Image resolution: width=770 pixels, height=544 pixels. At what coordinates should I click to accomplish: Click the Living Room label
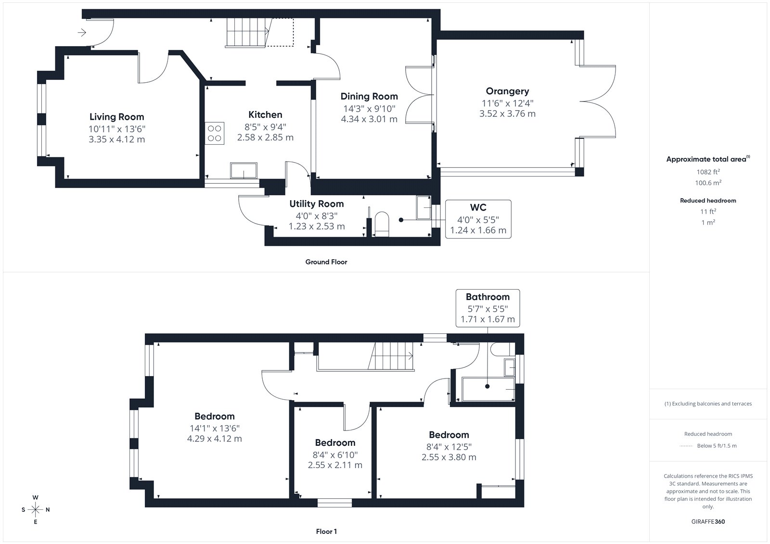116,117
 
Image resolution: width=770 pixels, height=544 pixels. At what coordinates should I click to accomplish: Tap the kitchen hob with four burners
215,133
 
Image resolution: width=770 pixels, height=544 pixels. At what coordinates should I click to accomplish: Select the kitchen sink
244,170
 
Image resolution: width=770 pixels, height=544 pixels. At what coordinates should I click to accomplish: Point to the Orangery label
507,91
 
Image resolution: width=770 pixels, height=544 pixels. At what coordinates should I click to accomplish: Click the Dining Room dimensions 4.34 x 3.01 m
369,119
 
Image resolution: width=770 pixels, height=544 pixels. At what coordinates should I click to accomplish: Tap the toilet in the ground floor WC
381,225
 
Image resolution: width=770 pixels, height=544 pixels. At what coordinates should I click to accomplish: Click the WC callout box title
478,208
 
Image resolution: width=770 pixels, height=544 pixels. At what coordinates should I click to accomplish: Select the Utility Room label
317,204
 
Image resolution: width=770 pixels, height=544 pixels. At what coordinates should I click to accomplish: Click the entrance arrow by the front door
82,33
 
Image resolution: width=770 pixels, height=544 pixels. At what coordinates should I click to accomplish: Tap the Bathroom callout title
488,297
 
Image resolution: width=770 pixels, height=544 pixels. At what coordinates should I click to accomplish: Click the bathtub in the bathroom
488,389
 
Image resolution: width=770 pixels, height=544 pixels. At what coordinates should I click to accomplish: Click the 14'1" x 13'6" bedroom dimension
215,428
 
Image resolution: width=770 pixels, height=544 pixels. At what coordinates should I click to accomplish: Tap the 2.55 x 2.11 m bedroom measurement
335,465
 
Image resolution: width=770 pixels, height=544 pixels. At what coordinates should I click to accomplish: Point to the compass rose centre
36,510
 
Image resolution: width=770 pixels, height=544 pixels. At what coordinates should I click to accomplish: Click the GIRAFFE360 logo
708,521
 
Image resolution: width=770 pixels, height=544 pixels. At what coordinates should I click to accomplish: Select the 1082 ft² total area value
708,172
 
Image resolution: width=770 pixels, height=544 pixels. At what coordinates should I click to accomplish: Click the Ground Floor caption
326,262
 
